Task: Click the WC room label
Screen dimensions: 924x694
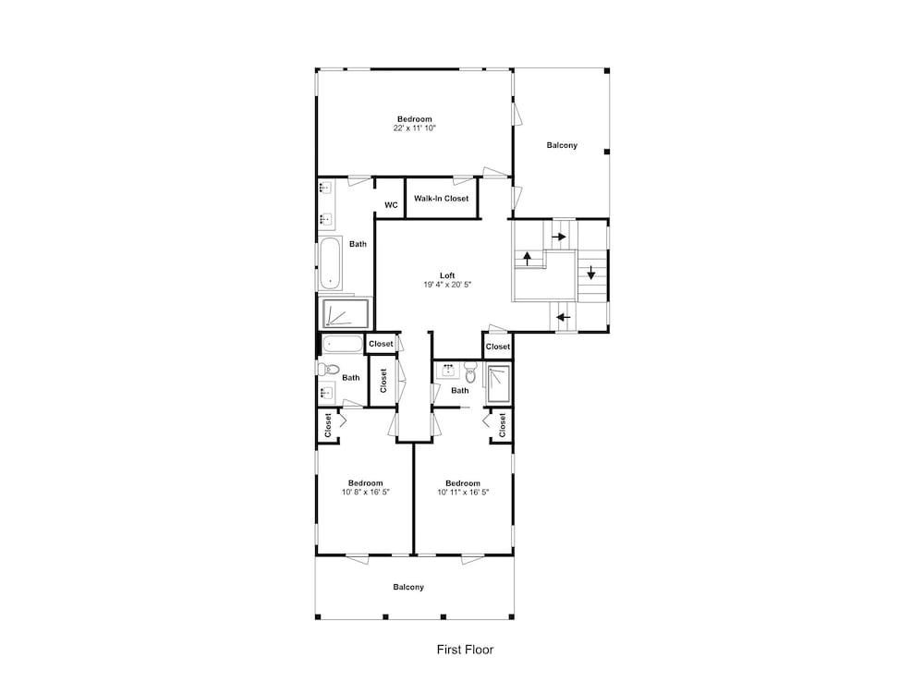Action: click(391, 205)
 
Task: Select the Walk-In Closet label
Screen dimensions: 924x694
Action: click(442, 199)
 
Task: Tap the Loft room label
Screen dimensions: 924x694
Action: click(447, 275)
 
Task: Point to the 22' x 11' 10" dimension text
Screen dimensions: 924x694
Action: click(415, 128)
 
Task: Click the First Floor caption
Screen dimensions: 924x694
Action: click(465, 650)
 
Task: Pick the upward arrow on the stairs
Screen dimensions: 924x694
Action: click(528, 258)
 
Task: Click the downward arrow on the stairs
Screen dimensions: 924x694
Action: click(591, 273)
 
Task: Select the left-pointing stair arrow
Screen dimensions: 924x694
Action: click(564, 318)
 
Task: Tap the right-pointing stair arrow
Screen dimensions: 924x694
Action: click(559, 237)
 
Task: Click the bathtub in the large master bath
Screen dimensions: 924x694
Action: click(331, 262)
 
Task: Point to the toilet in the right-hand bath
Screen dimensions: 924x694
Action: click(469, 371)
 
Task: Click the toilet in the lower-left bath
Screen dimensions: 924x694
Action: click(328, 370)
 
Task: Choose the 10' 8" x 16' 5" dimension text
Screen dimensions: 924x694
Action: click(366, 492)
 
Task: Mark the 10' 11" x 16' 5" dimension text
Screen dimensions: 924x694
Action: click(463, 492)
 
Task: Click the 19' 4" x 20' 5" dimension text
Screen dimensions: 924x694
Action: click(448, 285)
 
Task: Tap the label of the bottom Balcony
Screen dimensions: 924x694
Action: click(408, 587)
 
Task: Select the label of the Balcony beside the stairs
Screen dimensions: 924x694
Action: click(562, 145)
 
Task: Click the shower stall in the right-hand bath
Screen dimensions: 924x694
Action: click(499, 384)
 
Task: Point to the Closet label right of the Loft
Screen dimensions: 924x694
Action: click(498, 347)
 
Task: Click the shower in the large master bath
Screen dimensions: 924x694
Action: click(346, 314)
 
